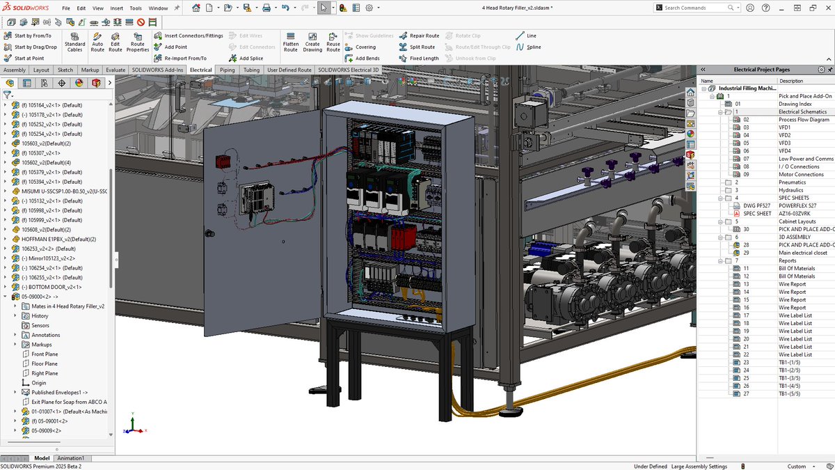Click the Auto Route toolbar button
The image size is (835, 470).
(x=97, y=42)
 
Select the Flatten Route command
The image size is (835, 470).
(x=291, y=42)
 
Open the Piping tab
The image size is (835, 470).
(x=227, y=70)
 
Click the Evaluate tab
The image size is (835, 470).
(x=116, y=70)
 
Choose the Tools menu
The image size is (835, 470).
(x=136, y=8)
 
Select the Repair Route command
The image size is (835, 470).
(x=420, y=36)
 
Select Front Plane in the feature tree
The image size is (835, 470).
(x=45, y=354)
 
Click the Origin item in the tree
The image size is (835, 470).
(x=38, y=383)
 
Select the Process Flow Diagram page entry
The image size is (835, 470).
(x=804, y=120)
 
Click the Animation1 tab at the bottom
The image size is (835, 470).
(x=70, y=458)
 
